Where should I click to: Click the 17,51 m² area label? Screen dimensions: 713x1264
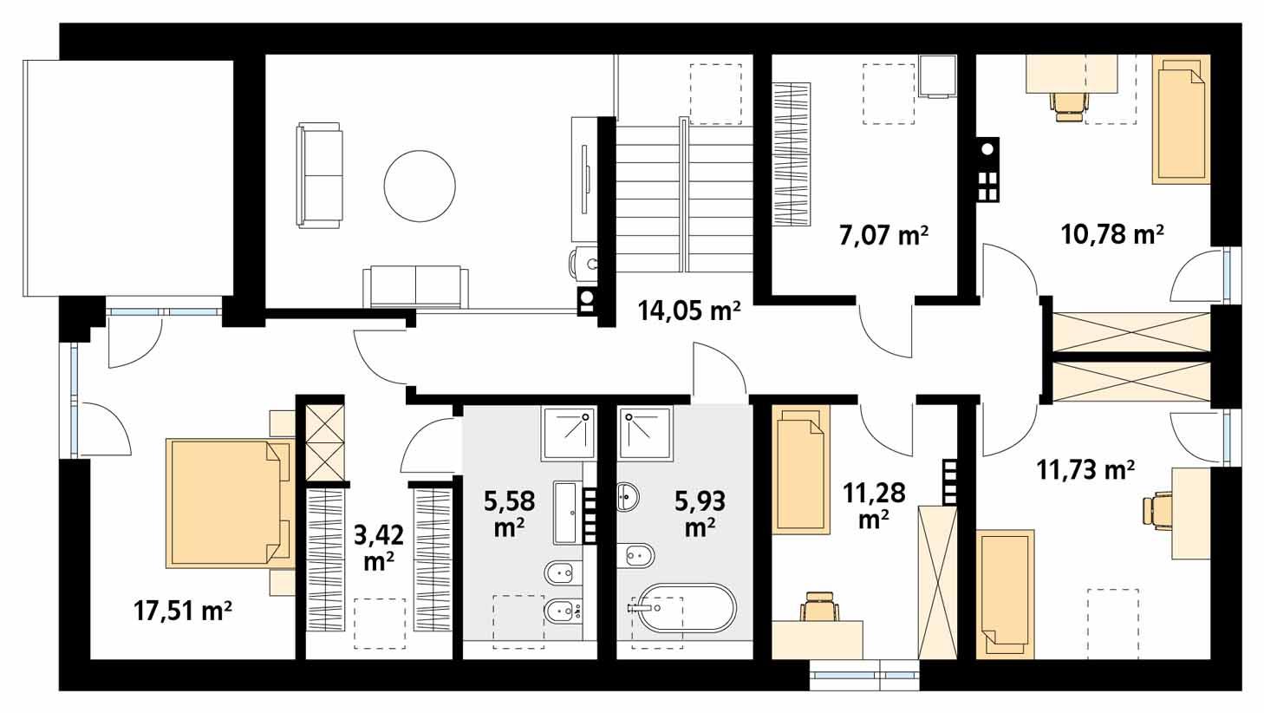point(183,612)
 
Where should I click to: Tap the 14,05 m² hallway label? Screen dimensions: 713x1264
point(688,310)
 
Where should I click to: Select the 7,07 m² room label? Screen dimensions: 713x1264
point(883,235)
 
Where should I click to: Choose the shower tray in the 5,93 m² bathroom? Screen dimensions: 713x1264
point(646,434)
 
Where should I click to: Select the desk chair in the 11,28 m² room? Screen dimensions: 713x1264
point(818,607)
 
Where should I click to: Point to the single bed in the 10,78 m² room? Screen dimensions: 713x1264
point(1180,119)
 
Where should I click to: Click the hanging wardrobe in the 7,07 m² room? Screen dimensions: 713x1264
point(791,154)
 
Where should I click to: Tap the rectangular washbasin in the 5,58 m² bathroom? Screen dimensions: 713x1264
point(568,513)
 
